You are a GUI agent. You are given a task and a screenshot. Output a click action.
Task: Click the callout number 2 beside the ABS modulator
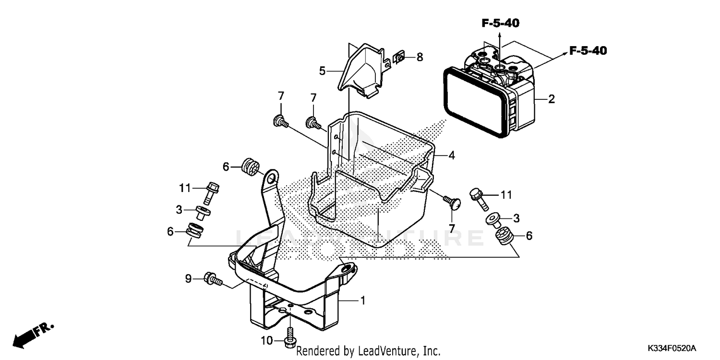(552, 99)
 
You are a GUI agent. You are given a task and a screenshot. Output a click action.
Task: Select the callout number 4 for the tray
(451, 156)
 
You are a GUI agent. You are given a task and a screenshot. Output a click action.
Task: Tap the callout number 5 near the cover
(323, 71)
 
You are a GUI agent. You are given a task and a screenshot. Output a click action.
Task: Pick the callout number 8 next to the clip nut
(420, 58)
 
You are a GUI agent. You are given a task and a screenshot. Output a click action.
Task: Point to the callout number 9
(188, 278)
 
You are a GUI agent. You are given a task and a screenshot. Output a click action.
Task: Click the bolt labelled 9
(212, 278)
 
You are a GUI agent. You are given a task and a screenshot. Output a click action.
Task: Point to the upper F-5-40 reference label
(501, 23)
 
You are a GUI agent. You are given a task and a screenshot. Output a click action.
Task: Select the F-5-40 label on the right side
(588, 50)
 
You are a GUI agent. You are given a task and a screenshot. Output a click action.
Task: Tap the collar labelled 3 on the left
(204, 212)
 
